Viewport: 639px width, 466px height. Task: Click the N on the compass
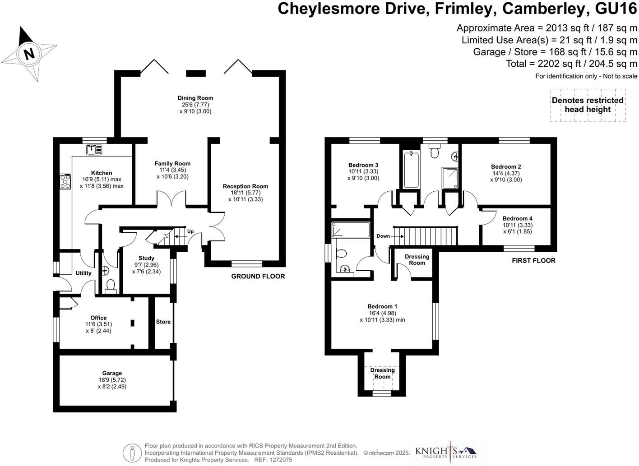29,53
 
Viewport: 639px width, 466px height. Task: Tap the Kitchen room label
102,173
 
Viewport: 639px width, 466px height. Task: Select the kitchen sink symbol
94,150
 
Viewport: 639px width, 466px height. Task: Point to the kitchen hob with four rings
65,181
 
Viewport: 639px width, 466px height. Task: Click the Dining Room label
195,98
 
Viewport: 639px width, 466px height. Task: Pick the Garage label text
112,373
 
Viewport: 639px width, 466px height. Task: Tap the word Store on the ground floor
163,322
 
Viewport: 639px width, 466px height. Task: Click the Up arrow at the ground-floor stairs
179,236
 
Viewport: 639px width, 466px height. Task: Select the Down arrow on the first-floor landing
398,236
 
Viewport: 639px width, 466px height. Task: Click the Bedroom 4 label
518,218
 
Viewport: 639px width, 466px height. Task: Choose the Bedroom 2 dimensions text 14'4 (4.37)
506,173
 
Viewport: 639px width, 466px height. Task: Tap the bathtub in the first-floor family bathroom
411,170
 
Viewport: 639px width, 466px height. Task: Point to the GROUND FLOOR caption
258,277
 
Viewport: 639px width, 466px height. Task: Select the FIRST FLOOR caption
534,261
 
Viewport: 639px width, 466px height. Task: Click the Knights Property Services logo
446,452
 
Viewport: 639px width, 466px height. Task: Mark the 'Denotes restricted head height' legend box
588,105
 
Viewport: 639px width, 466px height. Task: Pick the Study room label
146,258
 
